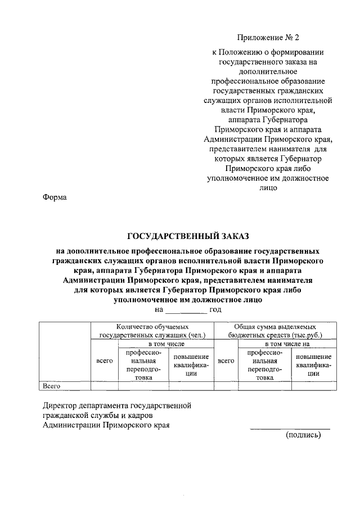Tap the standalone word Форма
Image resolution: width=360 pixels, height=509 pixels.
[55, 197]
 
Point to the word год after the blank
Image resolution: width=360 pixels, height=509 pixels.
[216, 309]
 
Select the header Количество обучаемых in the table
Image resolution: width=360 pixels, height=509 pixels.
[152, 326]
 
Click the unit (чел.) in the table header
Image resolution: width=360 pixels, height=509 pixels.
[196, 335]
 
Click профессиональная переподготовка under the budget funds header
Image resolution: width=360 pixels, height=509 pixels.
[264, 364]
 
